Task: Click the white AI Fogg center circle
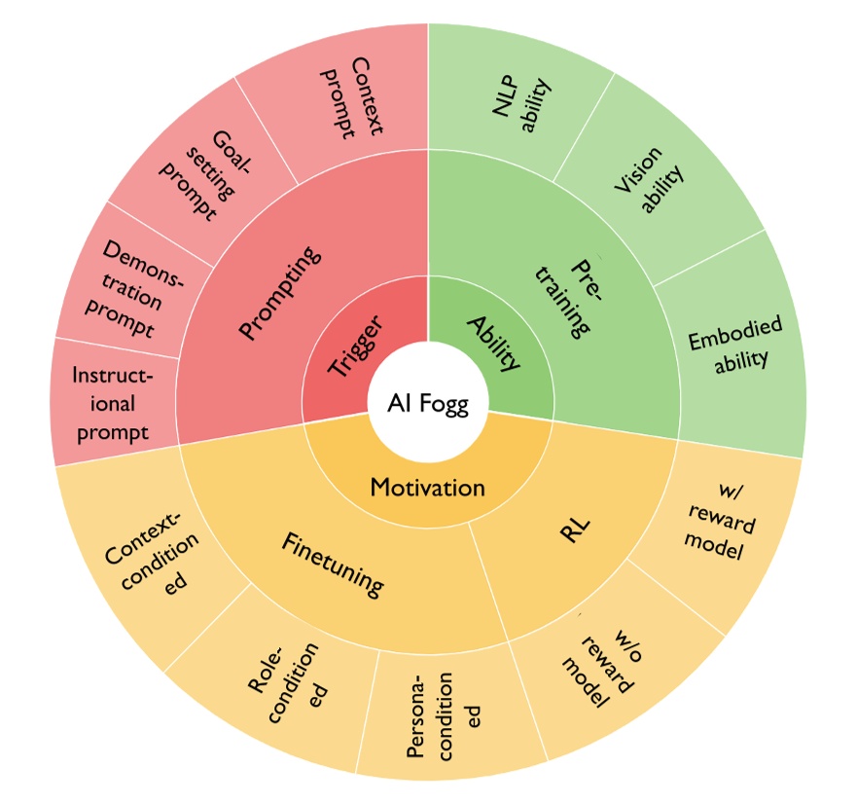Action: tap(429, 403)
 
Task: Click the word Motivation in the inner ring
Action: tap(427, 486)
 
